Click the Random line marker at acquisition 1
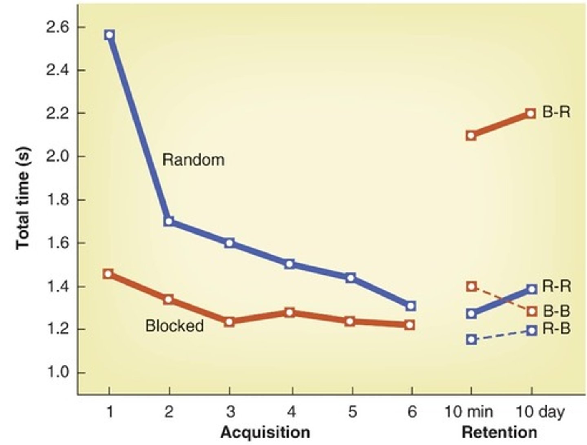click(109, 35)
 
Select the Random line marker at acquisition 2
click(169, 221)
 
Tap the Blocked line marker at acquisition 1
click(108, 274)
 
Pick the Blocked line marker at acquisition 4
click(289, 312)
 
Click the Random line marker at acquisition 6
click(411, 306)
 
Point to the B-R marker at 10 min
click(471, 135)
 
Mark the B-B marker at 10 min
click(471, 286)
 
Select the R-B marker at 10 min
click(471, 339)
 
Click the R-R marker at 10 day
click(532, 289)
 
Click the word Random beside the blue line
click(193, 159)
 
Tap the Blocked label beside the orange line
click(174, 326)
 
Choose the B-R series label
click(556, 112)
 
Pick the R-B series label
click(556, 329)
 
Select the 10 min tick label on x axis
click(468, 412)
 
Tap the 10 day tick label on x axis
click(540, 412)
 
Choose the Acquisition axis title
click(265, 432)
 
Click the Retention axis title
click(499, 432)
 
